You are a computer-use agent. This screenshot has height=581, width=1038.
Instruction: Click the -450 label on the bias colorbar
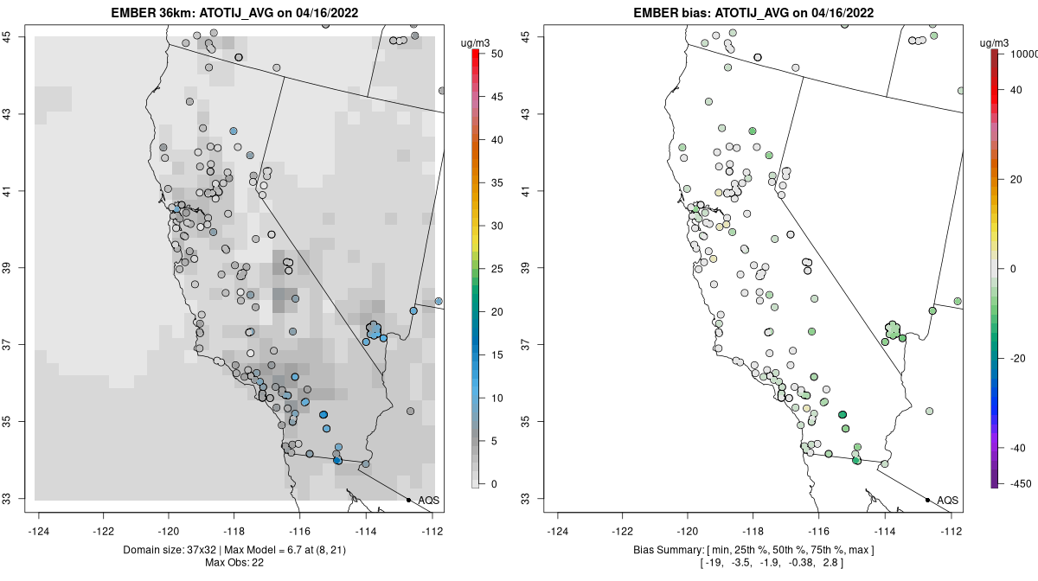[1017, 483]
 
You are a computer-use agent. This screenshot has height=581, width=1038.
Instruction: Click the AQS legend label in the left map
[429, 501]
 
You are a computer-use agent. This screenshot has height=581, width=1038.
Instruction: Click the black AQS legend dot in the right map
[927, 500]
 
